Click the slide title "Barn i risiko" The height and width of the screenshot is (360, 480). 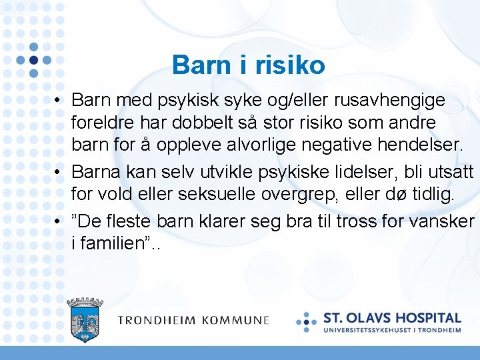point(248,65)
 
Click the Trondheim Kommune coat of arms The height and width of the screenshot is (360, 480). point(85,321)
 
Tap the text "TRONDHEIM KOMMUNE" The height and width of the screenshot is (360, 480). point(193,321)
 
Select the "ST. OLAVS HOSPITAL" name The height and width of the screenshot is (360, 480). point(392,318)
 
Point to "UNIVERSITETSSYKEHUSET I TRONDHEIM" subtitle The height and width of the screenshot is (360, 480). point(392,329)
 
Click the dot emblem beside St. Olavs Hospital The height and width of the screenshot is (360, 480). point(307,321)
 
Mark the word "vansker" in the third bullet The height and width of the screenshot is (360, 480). point(447,220)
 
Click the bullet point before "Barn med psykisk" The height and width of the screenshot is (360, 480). point(59,101)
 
